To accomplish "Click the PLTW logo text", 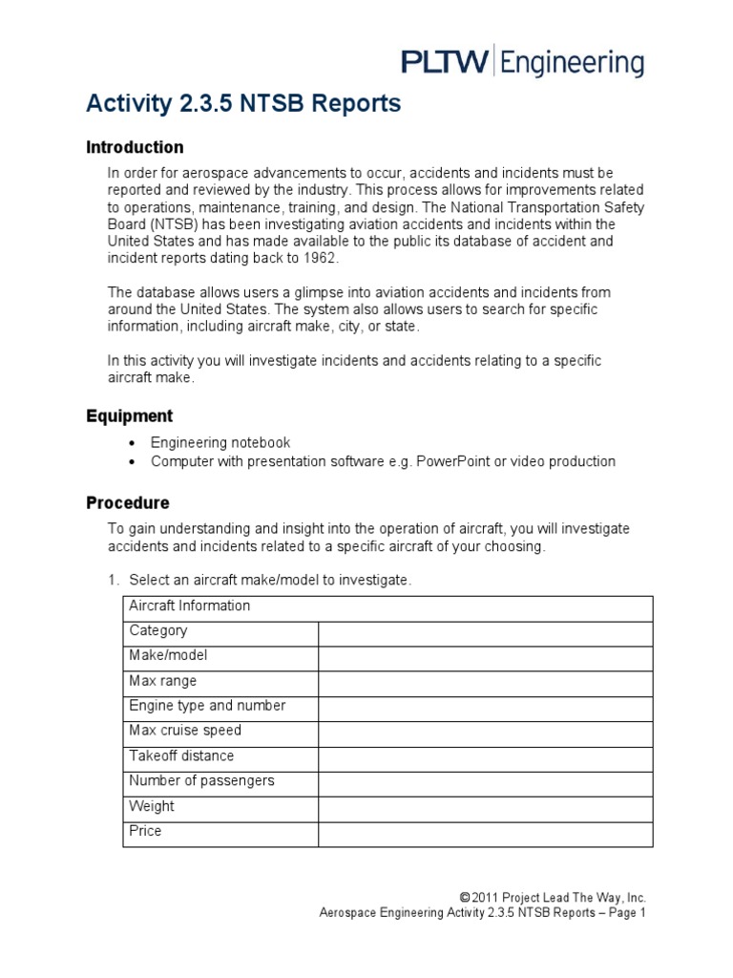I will tap(444, 64).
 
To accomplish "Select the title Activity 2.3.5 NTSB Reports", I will tap(243, 104).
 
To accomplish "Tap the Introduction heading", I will tap(135, 147).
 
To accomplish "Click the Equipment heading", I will tap(129, 415).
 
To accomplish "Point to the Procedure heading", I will tap(128, 502).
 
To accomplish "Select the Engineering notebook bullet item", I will tap(220, 442).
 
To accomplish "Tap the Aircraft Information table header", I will tap(190, 606).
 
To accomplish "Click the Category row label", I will tap(158, 630).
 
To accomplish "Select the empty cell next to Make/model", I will tap(485, 656).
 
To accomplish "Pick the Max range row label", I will tap(163, 681).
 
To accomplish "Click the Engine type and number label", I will tap(207, 706).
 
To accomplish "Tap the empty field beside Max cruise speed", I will tap(485, 732).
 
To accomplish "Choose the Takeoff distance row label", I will tap(181, 755).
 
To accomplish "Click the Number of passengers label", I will tap(201, 780).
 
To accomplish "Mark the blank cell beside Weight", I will tap(485, 807).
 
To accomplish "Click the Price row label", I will tap(145, 831).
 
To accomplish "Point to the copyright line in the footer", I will tap(553, 897).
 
